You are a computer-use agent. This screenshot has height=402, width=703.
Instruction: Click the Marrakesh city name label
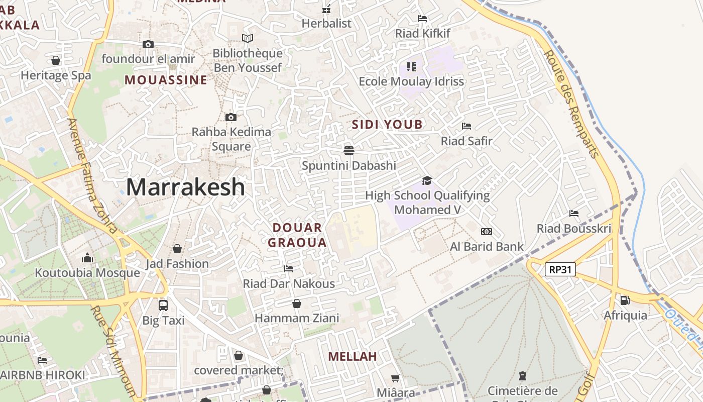point(185,187)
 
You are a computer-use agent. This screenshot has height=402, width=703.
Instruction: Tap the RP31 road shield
point(560,269)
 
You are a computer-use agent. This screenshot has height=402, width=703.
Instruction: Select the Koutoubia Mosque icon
point(87,258)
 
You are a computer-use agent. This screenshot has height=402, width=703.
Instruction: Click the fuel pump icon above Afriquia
point(625,300)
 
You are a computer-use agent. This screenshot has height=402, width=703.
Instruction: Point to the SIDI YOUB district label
point(387,125)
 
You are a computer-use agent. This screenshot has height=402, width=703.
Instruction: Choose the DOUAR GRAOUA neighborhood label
point(297,235)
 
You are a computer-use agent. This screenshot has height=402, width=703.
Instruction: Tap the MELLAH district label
point(353,356)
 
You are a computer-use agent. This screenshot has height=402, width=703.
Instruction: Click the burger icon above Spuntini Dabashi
point(349,150)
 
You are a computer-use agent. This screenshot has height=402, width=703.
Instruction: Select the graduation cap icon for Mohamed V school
point(427,180)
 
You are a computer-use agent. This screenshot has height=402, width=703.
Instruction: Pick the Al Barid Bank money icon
point(487,232)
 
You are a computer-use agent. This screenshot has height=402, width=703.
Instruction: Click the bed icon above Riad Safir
point(466,126)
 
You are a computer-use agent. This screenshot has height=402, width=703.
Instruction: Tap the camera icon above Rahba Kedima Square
point(231,117)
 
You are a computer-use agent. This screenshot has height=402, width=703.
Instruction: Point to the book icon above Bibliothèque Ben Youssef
point(248,38)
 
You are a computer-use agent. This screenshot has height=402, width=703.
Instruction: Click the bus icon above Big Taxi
point(163,305)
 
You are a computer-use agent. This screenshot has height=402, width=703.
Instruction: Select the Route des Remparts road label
point(572,104)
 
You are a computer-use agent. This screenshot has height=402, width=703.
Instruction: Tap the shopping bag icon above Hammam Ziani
point(297,304)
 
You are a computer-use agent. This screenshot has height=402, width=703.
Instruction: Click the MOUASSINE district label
point(166,80)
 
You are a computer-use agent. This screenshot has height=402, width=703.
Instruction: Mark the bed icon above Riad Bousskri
point(574,214)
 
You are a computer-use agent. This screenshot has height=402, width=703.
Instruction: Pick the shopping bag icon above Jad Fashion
point(177,249)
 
